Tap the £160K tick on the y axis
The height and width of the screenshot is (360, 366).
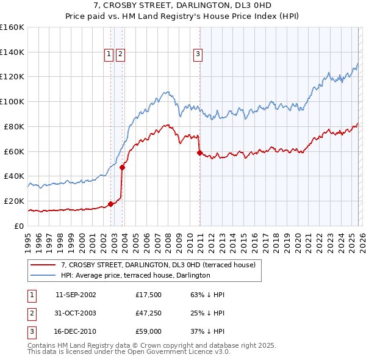click(12, 27)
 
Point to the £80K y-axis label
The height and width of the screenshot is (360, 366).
click(14, 127)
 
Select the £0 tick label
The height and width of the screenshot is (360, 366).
click(18, 226)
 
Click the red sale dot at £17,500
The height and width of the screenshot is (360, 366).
click(110, 204)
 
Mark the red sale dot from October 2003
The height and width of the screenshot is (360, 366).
click(123, 167)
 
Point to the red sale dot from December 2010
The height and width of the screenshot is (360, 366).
click(199, 153)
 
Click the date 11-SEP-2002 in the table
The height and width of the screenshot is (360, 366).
click(76, 295)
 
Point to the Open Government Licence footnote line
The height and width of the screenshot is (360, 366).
click(129, 352)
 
